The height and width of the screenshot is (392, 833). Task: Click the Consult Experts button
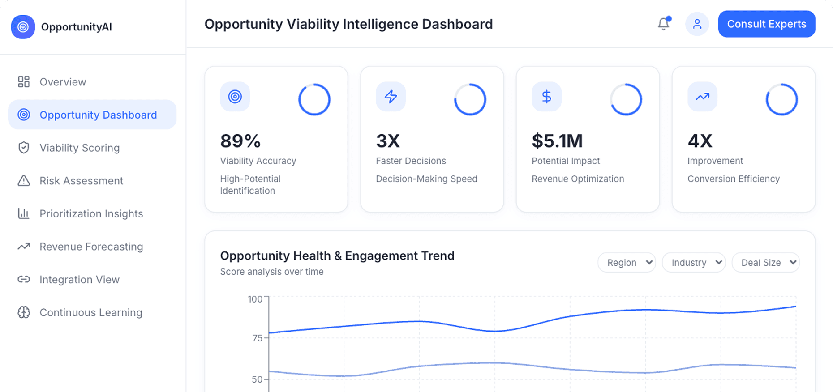[766, 24]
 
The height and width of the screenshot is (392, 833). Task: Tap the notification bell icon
[663, 24]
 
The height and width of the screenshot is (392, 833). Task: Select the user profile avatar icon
[697, 24]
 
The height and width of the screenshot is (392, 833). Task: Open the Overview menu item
[63, 82]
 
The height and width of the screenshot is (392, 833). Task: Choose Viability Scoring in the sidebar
[79, 148]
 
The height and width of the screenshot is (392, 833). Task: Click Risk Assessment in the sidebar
[81, 181]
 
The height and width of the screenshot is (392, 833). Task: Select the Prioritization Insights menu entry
[91, 213]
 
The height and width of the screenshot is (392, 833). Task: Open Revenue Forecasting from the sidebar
[91, 247]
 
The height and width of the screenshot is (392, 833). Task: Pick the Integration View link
[79, 280]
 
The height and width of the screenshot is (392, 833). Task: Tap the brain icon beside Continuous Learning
[24, 312]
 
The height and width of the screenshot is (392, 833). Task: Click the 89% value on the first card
[240, 141]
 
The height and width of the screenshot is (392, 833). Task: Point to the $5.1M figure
[557, 141]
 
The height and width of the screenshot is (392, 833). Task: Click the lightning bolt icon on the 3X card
[391, 97]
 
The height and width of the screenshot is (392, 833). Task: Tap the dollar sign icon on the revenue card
[546, 97]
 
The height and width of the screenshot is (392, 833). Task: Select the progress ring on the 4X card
[781, 99]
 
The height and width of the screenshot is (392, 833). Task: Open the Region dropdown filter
[627, 263]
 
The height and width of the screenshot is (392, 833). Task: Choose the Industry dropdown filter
[693, 263]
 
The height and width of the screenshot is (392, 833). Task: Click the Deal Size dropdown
[765, 263]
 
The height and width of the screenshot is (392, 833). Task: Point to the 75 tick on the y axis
[258, 338]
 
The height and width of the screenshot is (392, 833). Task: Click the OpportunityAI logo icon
[23, 27]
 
